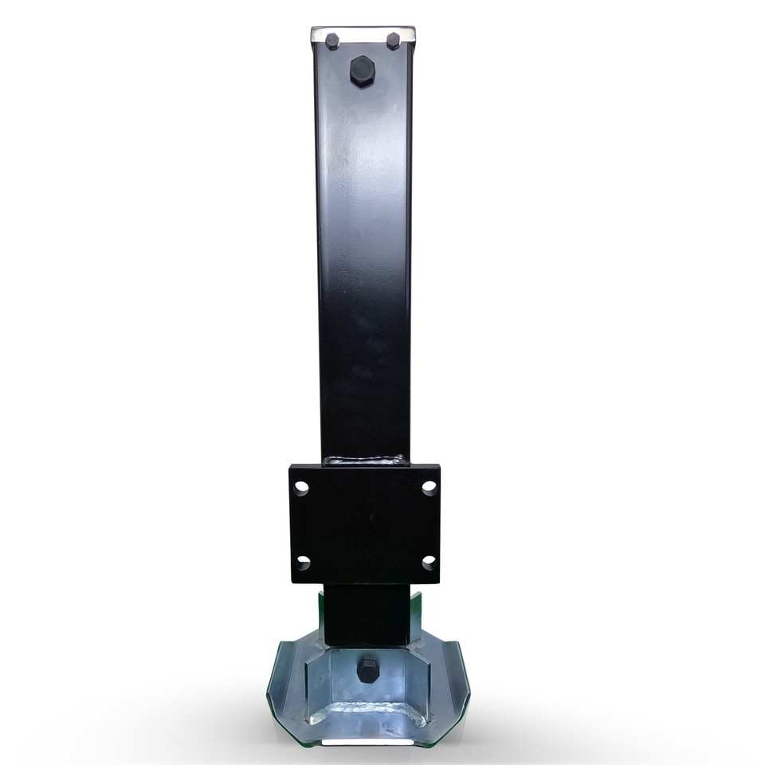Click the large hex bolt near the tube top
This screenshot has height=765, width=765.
[x=362, y=71]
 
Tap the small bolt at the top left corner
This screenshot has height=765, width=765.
[x=331, y=41]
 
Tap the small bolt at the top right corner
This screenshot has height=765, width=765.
[x=393, y=41]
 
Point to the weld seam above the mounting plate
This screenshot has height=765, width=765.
[x=366, y=460]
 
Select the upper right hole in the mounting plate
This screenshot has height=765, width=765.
[x=429, y=487]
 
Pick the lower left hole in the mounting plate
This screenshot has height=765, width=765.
[x=303, y=563]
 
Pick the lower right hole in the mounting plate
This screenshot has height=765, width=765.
[x=429, y=562]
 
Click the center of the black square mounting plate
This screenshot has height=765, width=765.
[x=365, y=524]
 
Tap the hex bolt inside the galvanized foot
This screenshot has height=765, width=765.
[x=367, y=670]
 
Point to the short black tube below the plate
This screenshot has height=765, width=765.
[x=367, y=614]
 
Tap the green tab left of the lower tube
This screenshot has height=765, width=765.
[x=321, y=614]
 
